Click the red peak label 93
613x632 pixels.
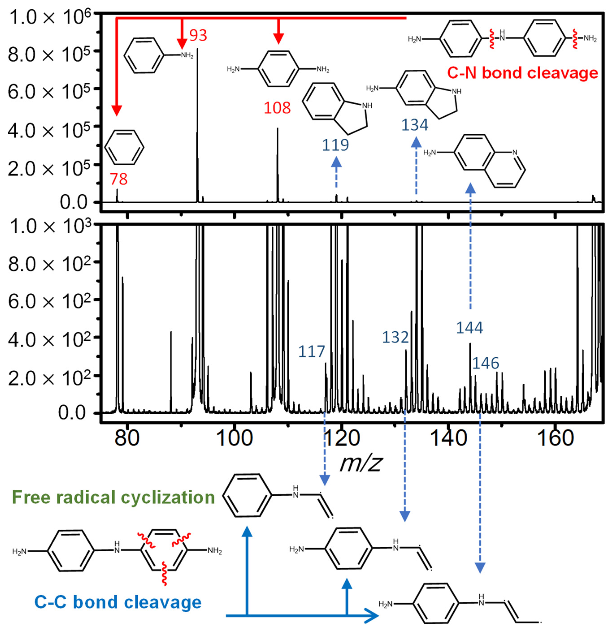point(198,35)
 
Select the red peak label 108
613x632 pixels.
point(277,108)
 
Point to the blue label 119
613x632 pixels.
point(336,145)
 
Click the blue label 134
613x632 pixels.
point(415,125)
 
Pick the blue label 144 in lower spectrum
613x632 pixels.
point(469,328)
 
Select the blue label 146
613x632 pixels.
point(485,363)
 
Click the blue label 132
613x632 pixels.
point(395,337)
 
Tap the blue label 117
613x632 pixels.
point(311,351)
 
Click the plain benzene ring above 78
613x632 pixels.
point(124,147)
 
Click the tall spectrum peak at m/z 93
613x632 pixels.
point(197,129)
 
